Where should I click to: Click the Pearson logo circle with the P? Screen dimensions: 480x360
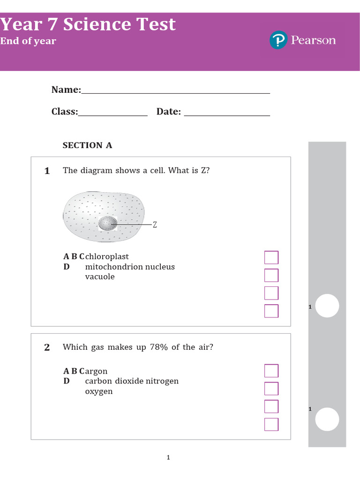click(278, 40)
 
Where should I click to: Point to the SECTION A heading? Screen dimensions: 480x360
click(88, 145)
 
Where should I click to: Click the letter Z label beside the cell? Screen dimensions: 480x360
click(155, 225)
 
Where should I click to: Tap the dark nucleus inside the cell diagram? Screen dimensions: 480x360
click(108, 223)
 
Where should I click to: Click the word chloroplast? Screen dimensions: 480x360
click(107, 257)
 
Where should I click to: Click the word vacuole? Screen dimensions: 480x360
click(100, 277)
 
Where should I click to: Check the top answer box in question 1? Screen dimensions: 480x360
click(271, 257)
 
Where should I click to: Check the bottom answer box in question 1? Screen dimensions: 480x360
click(271, 311)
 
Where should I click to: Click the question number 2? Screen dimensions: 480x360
click(47, 347)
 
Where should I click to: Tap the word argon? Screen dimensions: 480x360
click(97, 371)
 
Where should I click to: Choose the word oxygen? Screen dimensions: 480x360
click(99, 391)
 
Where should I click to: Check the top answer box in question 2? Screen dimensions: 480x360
click(271, 371)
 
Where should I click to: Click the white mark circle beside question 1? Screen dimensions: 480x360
click(327, 306)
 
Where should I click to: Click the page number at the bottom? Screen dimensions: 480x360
click(168, 457)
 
